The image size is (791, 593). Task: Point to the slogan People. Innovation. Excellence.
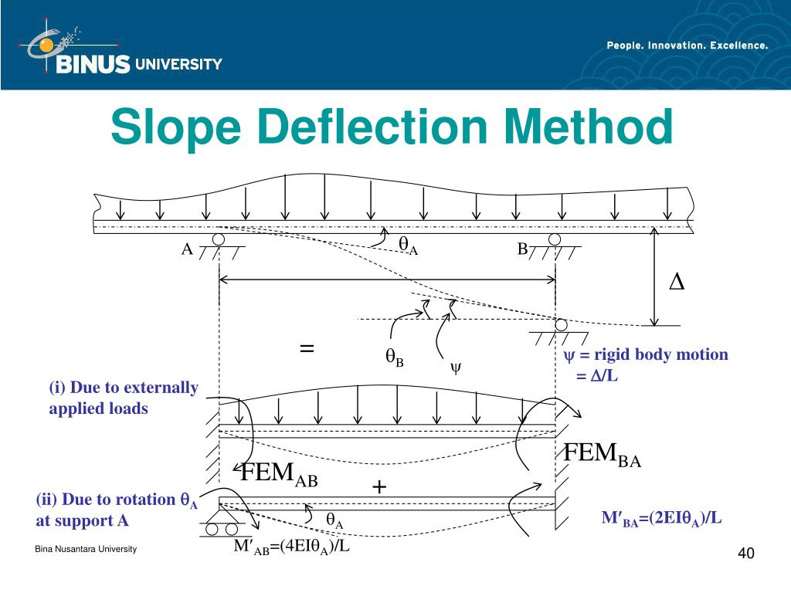(687, 46)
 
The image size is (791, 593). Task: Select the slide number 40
(745, 554)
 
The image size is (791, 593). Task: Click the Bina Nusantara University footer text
(86, 549)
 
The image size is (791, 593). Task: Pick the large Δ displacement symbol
(676, 283)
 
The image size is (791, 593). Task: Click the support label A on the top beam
(186, 249)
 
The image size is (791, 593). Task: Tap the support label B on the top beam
(522, 249)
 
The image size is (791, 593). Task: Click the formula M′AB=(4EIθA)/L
(293, 547)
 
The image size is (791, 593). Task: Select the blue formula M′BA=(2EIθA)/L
(662, 518)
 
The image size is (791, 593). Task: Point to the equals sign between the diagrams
(307, 348)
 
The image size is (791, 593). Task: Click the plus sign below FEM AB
(379, 487)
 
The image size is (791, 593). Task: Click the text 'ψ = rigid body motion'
(645, 355)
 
